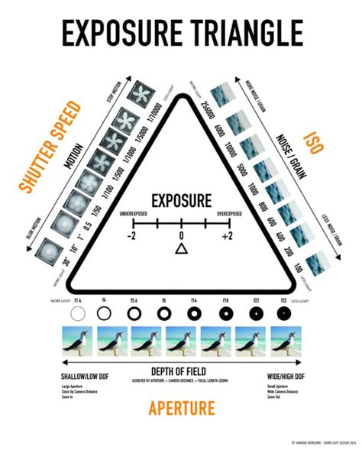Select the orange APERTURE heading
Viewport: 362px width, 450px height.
180,407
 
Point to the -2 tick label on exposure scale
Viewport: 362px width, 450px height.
131,235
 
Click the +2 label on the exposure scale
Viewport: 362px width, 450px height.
228,235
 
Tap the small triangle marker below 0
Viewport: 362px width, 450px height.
181,249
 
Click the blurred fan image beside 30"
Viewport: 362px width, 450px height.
50,250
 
